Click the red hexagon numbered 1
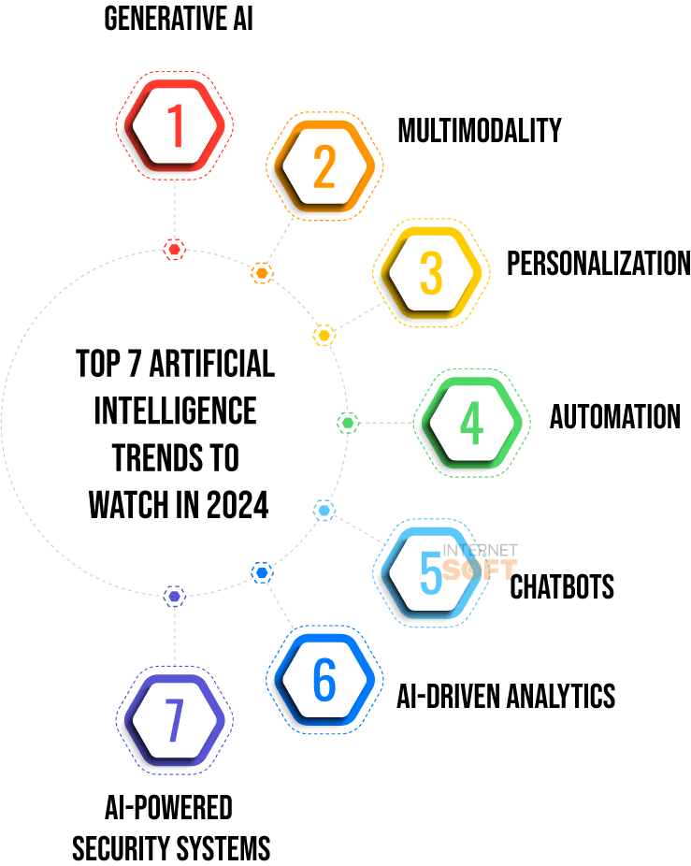(x=175, y=125)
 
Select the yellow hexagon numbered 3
(x=430, y=272)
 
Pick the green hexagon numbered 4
(x=471, y=423)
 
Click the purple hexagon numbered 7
(x=175, y=722)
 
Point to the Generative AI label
(x=178, y=20)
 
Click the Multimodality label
(x=479, y=131)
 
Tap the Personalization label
(x=597, y=264)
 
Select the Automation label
(x=614, y=416)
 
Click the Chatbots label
(x=562, y=587)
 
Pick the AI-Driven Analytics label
(x=506, y=696)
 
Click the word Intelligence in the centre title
(x=176, y=411)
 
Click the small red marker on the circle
(x=174, y=249)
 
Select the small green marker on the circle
(x=348, y=423)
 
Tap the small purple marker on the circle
(x=174, y=596)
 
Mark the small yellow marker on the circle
(x=324, y=335)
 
